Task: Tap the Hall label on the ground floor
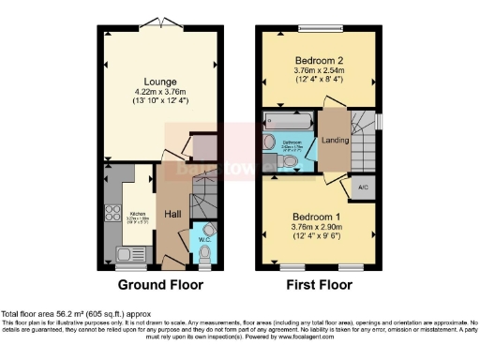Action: point(173,215)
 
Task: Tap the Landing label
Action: point(333,142)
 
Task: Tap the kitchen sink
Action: point(125,250)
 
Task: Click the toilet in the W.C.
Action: point(204,251)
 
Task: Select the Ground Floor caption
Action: point(160,285)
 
